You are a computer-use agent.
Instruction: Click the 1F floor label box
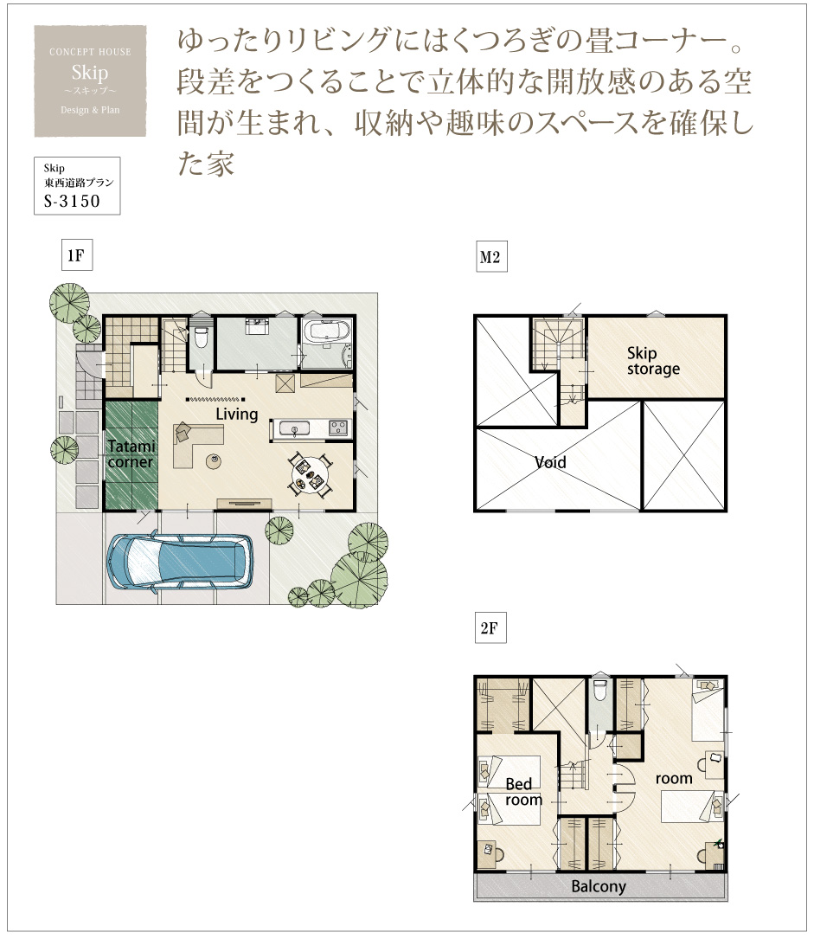77,255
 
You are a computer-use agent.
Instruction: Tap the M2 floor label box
491,257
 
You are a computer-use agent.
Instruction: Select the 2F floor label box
490,627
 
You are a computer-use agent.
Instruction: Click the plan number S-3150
72,201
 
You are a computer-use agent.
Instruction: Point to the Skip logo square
90,80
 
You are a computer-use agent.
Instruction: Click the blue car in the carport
180,562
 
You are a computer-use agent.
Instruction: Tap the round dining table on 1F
309,474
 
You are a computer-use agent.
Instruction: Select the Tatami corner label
131,454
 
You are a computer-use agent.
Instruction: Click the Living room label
237,414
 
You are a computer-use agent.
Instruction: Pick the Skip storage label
653,361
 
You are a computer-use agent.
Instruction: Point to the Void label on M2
550,462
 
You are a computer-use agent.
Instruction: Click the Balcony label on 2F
599,886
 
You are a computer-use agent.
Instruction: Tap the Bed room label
522,792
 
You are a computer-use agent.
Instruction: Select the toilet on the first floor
202,338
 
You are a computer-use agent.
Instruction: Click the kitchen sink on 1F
294,429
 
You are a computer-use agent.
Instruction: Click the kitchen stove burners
338,428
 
